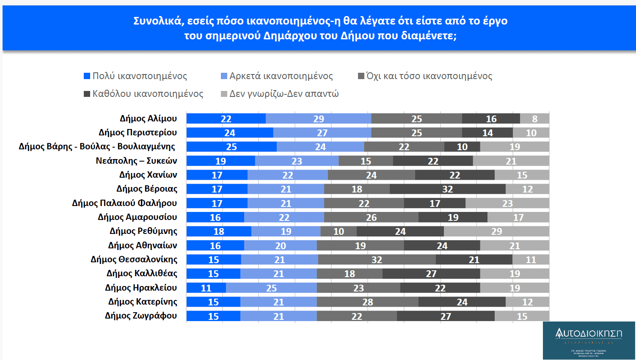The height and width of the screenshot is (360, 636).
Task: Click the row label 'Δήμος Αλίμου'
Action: click(x=148, y=118)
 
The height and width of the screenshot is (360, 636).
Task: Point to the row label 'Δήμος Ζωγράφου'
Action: click(x=141, y=316)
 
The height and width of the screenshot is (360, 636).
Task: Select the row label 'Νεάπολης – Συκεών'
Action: click(x=136, y=161)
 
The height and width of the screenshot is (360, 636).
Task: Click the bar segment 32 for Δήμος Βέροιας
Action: click(x=447, y=189)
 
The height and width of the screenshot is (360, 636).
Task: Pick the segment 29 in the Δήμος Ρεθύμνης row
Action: click(x=496, y=231)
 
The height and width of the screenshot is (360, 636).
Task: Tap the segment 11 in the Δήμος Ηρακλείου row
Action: click(x=206, y=288)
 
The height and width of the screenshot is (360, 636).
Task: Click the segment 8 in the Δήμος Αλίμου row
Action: click(x=534, y=119)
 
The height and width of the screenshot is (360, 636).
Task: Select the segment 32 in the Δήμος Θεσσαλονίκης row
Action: click(x=377, y=260)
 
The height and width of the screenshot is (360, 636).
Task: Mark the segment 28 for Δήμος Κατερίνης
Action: click(x=367, y=302)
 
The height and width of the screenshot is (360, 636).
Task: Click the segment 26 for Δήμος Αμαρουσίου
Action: click(x=371, y=217)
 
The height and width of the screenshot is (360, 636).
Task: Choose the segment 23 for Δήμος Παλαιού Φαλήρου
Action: click(x=507, y=203)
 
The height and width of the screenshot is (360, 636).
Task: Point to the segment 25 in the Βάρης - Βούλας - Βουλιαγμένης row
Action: click(x=231, y=147)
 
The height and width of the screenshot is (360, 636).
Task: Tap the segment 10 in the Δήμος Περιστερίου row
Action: click(x=531, y=133)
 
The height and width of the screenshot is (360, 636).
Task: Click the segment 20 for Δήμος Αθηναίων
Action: click(x=280, y=246)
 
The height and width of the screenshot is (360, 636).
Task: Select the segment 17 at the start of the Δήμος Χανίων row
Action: click(x=217, y=175)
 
